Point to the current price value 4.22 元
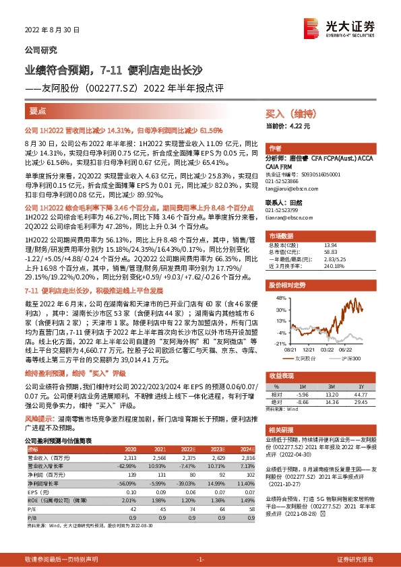tap(301, 126)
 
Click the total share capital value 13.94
tap(331, 245)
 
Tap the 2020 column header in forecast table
tap(128, 449)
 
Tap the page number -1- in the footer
tap(199, 560)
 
